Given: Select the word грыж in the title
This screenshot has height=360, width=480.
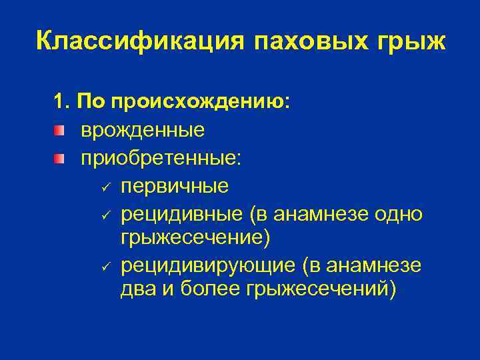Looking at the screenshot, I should click(x=410, y=41).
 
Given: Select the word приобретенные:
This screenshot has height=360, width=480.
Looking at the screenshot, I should click(x=162, y=159).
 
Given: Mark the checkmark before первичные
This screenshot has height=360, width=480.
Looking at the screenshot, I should click(x=105, y=186).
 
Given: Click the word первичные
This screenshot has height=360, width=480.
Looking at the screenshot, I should click(x=175, y=186).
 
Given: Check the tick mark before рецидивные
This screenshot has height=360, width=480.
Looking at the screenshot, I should click(x=105, y=213).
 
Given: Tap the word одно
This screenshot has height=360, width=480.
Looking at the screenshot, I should click(x=398, y=213).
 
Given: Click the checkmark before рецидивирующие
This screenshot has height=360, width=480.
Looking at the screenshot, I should click(x=105, y=266).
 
